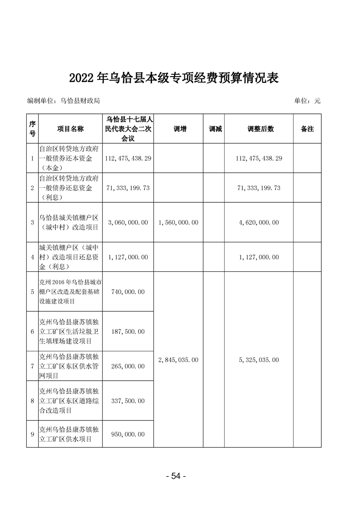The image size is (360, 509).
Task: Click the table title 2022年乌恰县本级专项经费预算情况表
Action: click(x=173, y=78)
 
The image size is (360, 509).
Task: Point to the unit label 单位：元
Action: click(x=307, y=101)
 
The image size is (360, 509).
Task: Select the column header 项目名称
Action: click(x=70, y=129)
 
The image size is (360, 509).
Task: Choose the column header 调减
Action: click(x=215, y=129)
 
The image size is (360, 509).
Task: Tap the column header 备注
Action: click(x=307, y=129)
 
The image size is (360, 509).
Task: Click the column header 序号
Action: click(x=32, y=129)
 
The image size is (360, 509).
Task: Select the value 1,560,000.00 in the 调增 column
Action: click(x=178, y=223)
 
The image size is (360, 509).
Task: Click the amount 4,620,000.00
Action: click(x=259, y=223)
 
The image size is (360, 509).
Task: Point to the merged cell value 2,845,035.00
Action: click(x=178, y=360)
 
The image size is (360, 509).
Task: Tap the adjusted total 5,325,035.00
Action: click(x=259, y=360)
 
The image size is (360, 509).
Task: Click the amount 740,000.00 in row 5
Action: click(x=128, y=292)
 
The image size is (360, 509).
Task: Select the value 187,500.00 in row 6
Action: click(x=128, y=332)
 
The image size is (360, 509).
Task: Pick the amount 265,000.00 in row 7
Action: click(x=128, y=366)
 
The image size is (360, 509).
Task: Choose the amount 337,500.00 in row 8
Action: click(x=128, y=401)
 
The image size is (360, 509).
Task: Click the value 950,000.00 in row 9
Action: click(x=128, y=434)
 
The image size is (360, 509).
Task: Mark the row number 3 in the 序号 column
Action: click(x=32, y=223)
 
